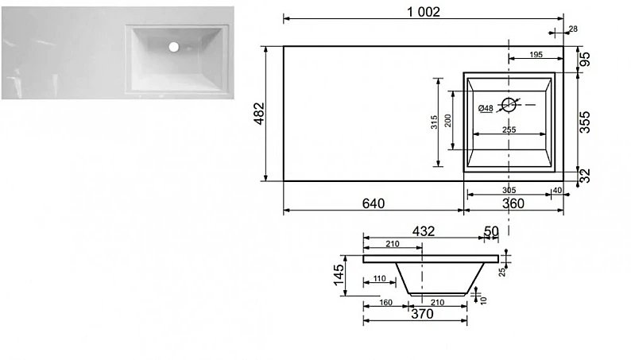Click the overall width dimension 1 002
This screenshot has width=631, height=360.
click(424, 12)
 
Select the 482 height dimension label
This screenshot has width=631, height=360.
click(260, 114)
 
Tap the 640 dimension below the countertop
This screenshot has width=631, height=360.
click(374, 203)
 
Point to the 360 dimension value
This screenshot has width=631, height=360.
click(513, 203)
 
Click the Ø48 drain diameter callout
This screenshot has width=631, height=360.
click(486, 108)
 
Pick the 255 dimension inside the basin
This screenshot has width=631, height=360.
click(509, 130)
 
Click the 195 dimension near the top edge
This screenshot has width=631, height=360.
click(536, 55)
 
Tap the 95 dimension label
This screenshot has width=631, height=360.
click(585, 60)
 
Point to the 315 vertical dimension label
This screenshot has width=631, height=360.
click(434, 122)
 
